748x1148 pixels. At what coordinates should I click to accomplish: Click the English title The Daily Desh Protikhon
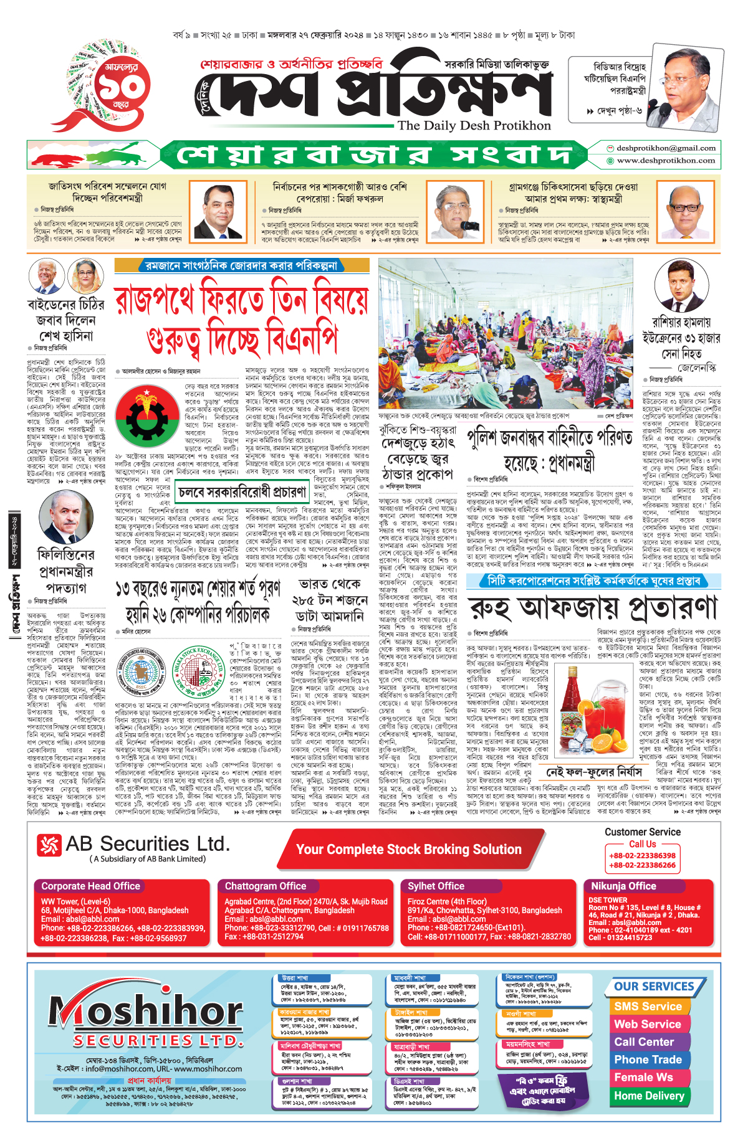point(474,126)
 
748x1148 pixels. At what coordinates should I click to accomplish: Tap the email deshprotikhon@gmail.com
point(666,148)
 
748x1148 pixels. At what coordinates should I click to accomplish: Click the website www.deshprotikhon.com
point(666,161)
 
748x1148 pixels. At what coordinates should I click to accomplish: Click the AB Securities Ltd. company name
point(146,844)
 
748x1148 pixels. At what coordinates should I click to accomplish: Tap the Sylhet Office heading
point(436,886)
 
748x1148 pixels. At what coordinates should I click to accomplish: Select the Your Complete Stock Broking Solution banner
point(409,850)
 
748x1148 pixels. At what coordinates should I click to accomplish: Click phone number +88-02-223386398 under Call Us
point(642,856)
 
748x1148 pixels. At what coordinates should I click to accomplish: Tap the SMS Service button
point(648,1007)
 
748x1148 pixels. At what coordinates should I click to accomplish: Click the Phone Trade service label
point(648,1060)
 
